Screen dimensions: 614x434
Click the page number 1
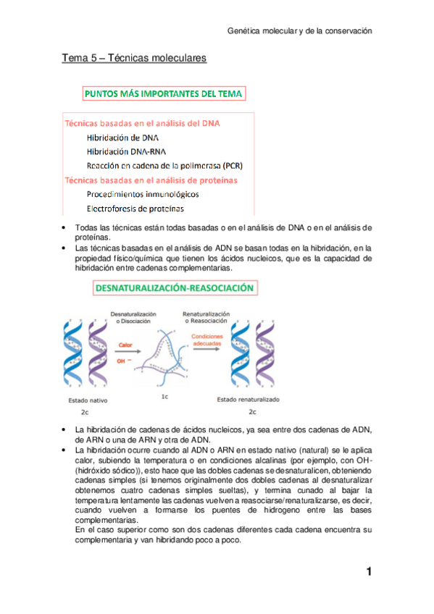coord(369,572)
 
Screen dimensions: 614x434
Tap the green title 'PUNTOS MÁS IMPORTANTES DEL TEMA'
coord(164,93)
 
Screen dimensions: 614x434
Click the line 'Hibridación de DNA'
coord(123,137)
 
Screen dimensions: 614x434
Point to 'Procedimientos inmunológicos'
coord(143,194)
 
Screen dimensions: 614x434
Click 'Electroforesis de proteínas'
coord(135,209)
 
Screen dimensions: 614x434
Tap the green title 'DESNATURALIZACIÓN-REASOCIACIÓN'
coord(174,287)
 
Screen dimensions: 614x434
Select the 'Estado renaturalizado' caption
coord(248,400)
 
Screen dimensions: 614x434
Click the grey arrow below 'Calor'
coord(127,352)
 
